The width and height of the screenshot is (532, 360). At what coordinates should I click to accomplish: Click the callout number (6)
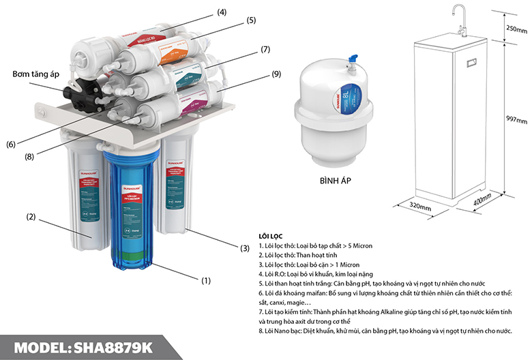click(10, 144)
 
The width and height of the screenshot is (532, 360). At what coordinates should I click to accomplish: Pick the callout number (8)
click(29, 155)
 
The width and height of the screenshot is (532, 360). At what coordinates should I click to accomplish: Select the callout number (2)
click(31, 217)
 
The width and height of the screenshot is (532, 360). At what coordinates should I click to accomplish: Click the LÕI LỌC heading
click(271, 235)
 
